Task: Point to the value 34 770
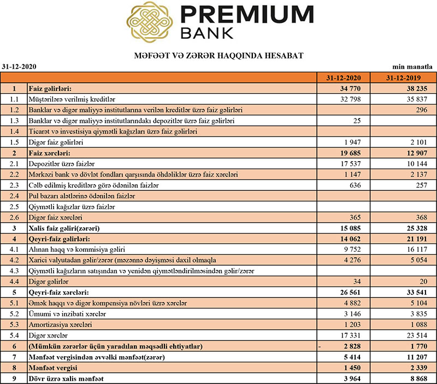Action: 352,88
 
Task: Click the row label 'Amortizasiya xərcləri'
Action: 61,324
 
